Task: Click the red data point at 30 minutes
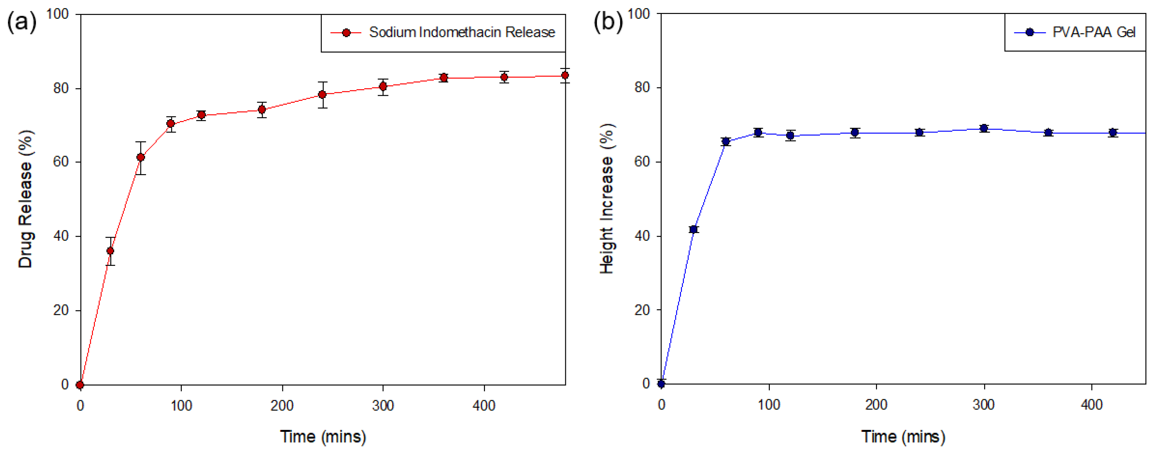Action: tap(110, 251)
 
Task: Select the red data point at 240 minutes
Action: tap(322, 94)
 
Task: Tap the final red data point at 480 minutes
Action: tap(565, 76)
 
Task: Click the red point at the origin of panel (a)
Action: tap(80, 385)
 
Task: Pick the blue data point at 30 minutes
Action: tap(694, 230)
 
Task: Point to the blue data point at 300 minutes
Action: tap(984, 129)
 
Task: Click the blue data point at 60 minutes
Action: tap(726, 142)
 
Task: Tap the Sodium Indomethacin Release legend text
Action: tap(462, 32)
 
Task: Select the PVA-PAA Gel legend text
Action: tap(1094, 32)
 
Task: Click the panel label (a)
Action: tap(21, 21)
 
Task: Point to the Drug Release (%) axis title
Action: tap(26, 199)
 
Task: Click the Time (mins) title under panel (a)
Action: tap(323, 437)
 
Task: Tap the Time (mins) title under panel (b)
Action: tap(903, 437)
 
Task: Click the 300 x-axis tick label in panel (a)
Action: tap(383, 406)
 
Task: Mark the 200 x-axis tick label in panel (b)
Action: tap(876, 405)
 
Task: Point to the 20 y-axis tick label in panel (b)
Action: tap(642, 309)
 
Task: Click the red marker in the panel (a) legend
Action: tap(346, 33)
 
